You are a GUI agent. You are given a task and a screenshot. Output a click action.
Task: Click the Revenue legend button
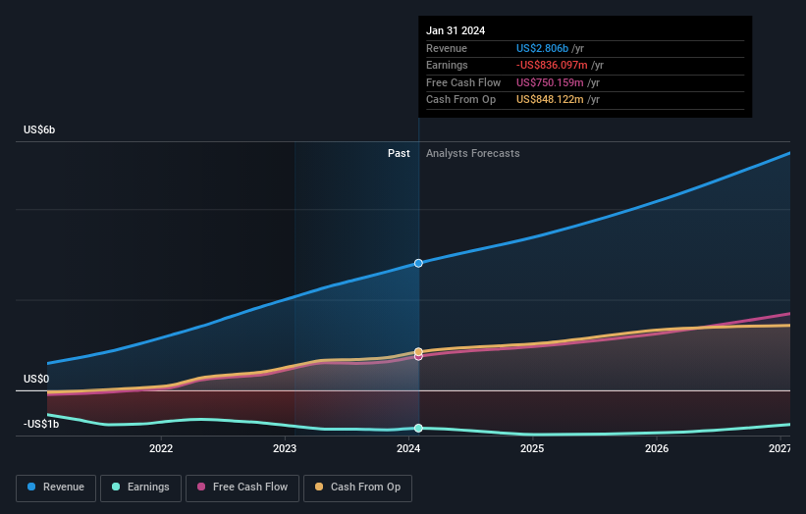click(56, 487)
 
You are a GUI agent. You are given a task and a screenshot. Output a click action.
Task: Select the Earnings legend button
click(138, 487)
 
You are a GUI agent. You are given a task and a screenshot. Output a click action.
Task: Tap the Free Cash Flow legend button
click(241, 487)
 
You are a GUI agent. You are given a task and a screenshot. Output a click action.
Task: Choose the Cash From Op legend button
click(357, 487)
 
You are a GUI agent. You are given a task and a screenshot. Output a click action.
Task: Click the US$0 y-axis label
click(36, 379)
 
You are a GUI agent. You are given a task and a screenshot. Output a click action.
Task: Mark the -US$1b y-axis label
click(41, 424)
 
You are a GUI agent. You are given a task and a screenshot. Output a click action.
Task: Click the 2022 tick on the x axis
click(161, 449)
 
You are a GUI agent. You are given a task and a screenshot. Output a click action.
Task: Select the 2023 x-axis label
click(285, 449)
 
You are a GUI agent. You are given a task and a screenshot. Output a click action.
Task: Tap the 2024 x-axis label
click(408, 449)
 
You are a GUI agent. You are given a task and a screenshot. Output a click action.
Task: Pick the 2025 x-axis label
click(532, 449)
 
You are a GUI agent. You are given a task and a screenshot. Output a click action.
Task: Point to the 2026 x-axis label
click(657, 449)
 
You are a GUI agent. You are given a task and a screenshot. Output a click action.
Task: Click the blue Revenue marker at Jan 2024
click(418, 263)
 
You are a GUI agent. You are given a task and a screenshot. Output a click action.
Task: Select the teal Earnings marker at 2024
click(418, 428)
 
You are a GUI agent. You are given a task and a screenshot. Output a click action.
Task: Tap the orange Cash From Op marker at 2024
click(418, 351)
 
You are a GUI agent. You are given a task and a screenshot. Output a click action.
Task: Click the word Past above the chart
click(399, 153)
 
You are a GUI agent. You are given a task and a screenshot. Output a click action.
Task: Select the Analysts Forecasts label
click(472, 153)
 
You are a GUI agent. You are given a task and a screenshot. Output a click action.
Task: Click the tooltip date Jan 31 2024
click(456, 30)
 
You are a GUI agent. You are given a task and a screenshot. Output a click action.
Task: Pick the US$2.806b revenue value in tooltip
click(550, 48)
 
